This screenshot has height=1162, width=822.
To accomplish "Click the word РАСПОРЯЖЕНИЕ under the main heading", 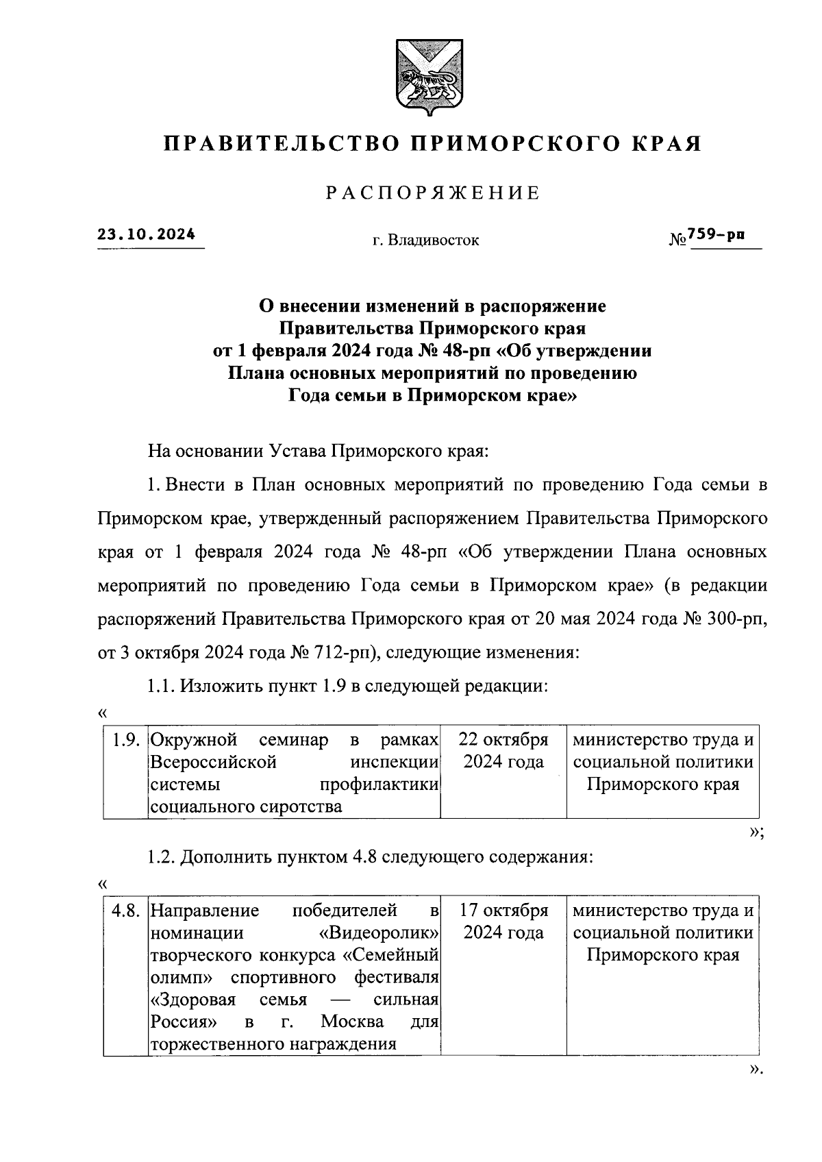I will click(432, 194).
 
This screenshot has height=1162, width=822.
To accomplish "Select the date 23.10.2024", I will click(146, 234).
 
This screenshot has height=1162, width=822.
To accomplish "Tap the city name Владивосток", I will click(433, 240).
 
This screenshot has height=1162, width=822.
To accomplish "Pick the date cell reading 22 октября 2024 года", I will click(503, 752).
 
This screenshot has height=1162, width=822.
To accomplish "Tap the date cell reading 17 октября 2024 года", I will click(503, 922).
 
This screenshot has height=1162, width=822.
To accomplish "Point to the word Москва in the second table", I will click(352, 1022).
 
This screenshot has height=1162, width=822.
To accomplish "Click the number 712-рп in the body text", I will click(345, 653).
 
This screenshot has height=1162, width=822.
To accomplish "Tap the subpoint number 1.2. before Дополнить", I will click(162, 857).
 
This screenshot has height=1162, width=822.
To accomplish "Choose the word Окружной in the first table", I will click(194, 741).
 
